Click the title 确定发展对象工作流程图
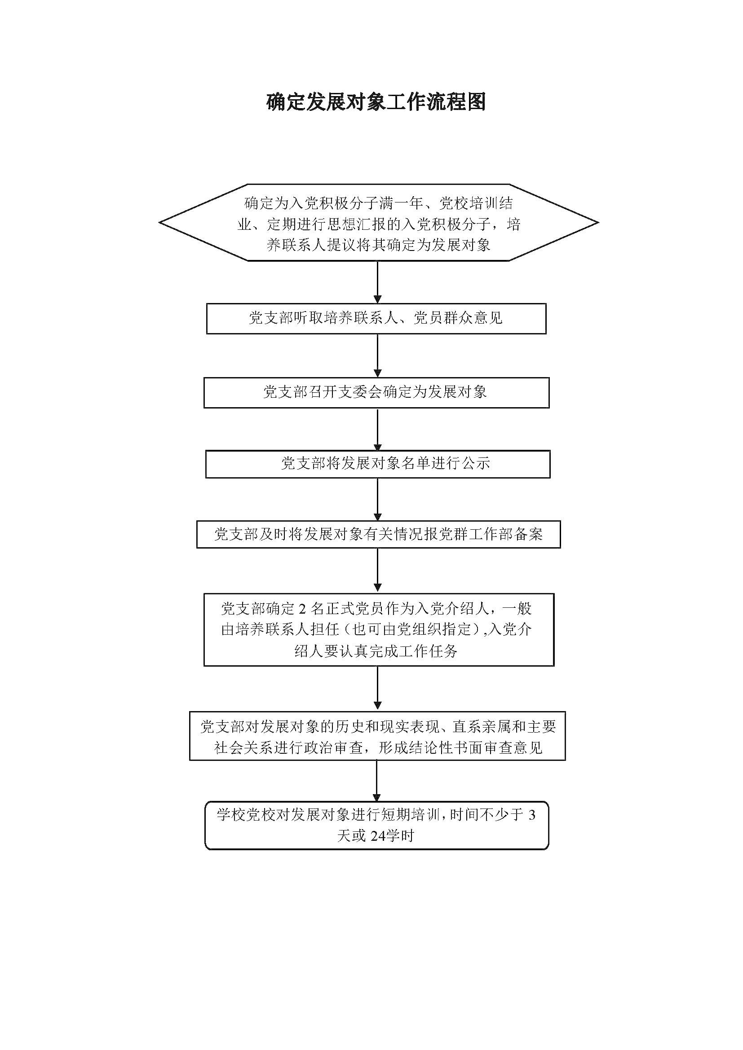[x=376, y=102]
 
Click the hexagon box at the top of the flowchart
[x=378, y=223]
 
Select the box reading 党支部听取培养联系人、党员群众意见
[x=376, y=318]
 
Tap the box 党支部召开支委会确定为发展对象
[x=376, y=392]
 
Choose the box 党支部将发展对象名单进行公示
[x=377, y=464]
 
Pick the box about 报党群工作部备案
[x=378, y=534]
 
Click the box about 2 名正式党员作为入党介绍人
[x=378, y=629]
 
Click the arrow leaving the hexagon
[x=377, y=282]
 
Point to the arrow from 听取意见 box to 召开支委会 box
[x=377, y=356]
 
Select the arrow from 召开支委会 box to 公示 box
[x=377, y=429]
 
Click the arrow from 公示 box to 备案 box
[x=377, y=499]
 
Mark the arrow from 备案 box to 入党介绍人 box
[x=377, y=570]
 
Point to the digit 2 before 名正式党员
[x=302, y=609]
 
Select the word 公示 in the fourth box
[x=476, y=464]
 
